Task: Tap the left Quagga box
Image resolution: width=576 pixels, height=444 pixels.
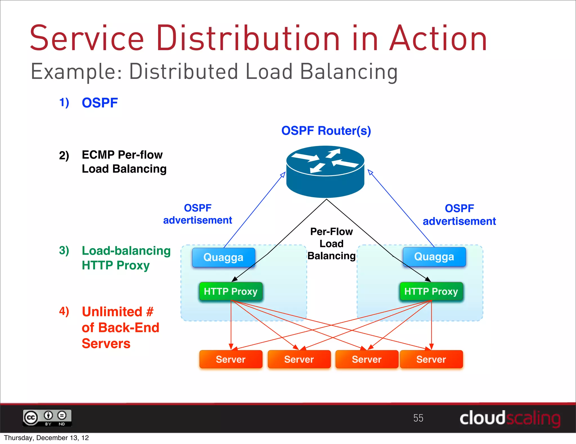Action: click(224, 257)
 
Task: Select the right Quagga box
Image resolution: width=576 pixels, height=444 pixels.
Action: click(434, 257)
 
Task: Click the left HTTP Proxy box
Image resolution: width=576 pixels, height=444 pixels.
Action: click(231, 291)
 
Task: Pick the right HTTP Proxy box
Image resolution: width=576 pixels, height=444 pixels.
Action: click(431, 291)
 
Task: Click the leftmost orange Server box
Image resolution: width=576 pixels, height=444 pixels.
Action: click(231, 359)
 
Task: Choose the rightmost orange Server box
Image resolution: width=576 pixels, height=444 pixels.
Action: click(431, 359)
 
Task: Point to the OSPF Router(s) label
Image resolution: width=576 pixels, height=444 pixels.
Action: click(326, 131)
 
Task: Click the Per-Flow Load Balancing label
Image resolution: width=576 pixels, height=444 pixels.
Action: click(332, 244)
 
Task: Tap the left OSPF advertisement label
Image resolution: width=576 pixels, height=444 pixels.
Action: click(197, 214)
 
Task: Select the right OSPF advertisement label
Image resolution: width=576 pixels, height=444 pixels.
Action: click(459, 215)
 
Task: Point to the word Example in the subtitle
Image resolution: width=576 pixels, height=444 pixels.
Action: click(76, 72)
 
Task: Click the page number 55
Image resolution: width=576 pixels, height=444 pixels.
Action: click(418, 418)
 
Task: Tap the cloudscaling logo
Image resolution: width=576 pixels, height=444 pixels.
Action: click(510, 418)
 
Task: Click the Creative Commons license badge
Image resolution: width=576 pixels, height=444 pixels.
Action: click(47, 418)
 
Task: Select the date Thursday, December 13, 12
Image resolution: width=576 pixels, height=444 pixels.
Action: click(46, 438)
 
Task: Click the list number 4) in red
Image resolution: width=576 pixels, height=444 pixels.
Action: click(64, 311)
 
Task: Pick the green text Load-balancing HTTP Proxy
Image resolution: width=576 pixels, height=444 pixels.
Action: click(126, 258)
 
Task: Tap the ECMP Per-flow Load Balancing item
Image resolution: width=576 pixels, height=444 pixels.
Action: click(124, 162)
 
